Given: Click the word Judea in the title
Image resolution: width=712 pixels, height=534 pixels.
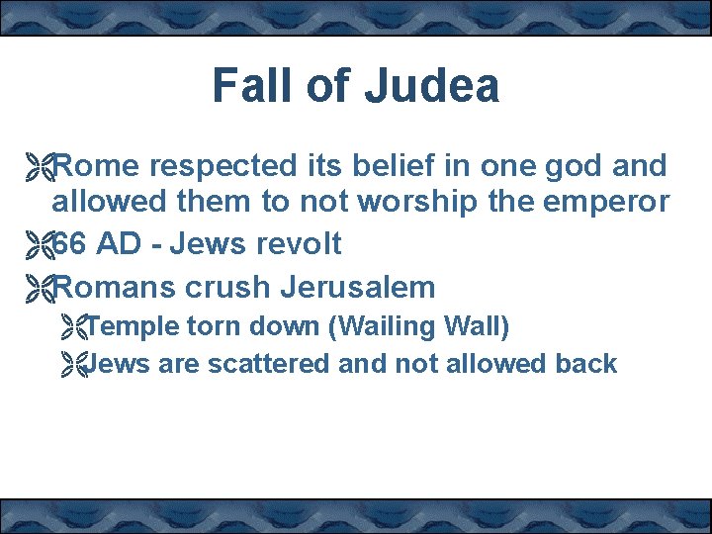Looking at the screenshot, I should [x=431, y=86].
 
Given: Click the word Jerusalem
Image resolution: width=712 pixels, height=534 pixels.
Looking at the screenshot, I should [x=358, y=288].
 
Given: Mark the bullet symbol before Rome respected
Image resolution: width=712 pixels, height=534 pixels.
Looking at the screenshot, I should [x=40, y=166].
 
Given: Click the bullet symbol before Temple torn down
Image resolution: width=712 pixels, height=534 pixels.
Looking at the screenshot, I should [x=72, y=325].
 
